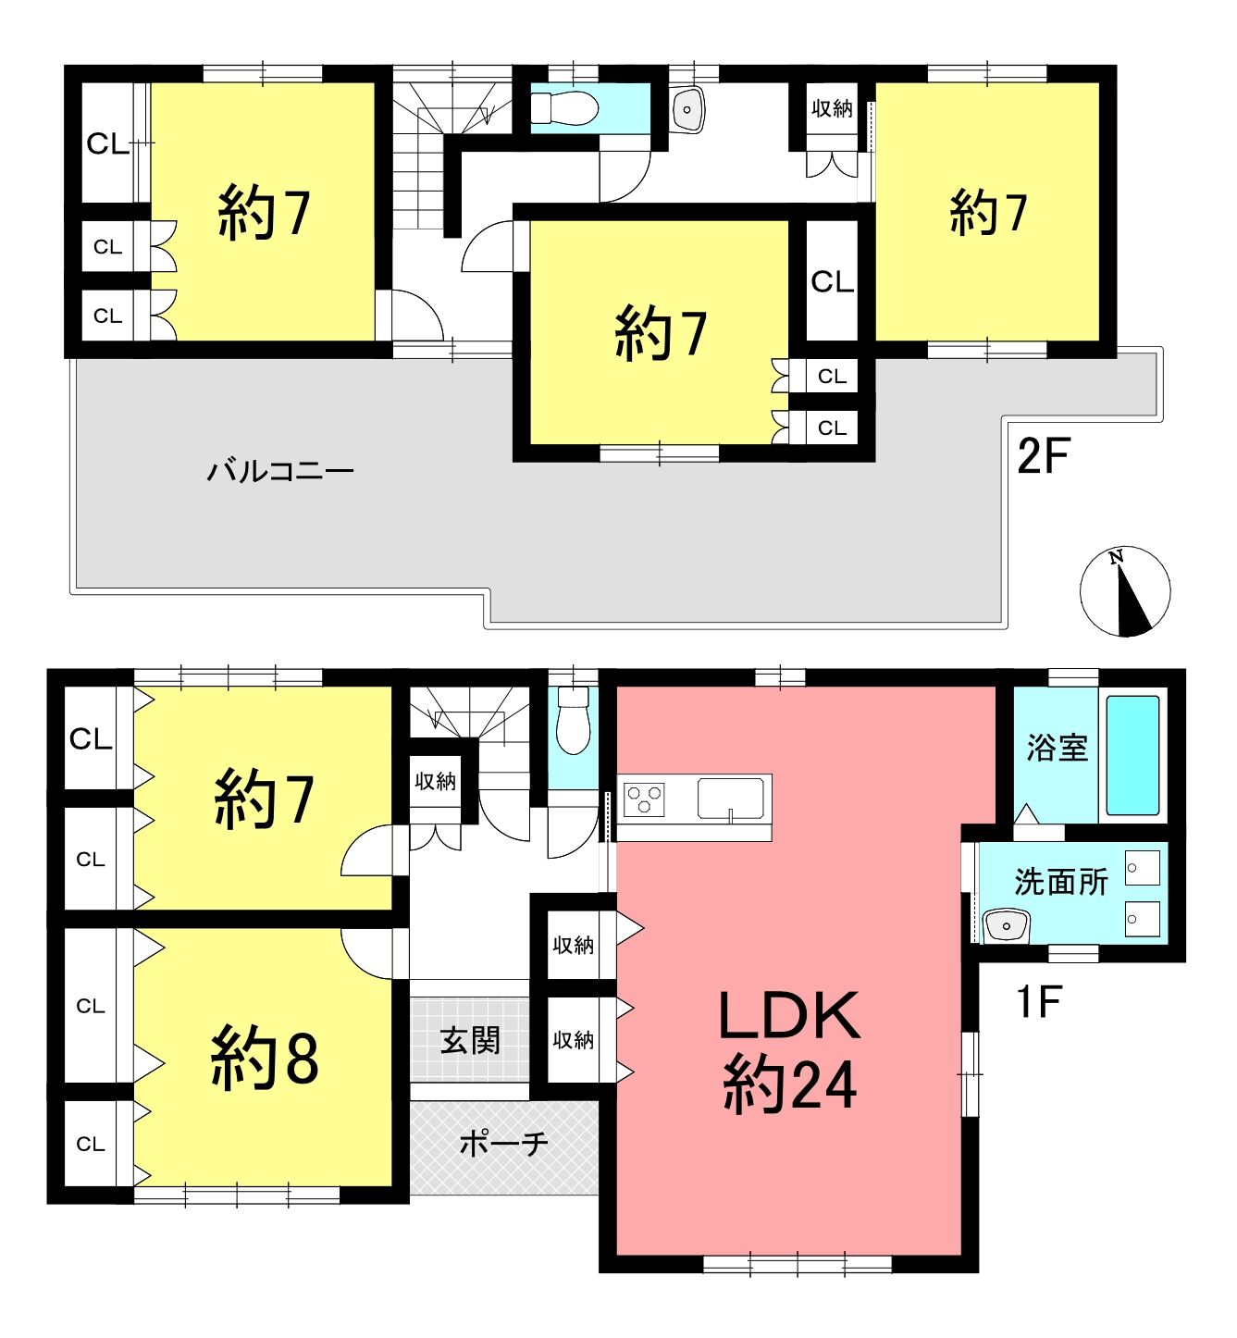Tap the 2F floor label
pos(1043,456)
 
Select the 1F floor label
pos(1039,1001)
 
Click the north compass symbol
pos(1124,591)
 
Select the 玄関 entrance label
pos(470,1041)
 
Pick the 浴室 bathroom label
pos(1057,748)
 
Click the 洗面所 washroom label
pos(1060,882)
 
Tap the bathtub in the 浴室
pos(1133,755)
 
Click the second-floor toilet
pos(564,107)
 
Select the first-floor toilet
pos(574,720)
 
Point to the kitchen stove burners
pos(645,799)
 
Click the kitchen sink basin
pos(731,799)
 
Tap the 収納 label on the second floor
pos(832,108)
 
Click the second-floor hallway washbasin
pos(687,109)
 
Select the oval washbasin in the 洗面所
pos(1006,925)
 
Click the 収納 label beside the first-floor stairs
pos(435,782)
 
